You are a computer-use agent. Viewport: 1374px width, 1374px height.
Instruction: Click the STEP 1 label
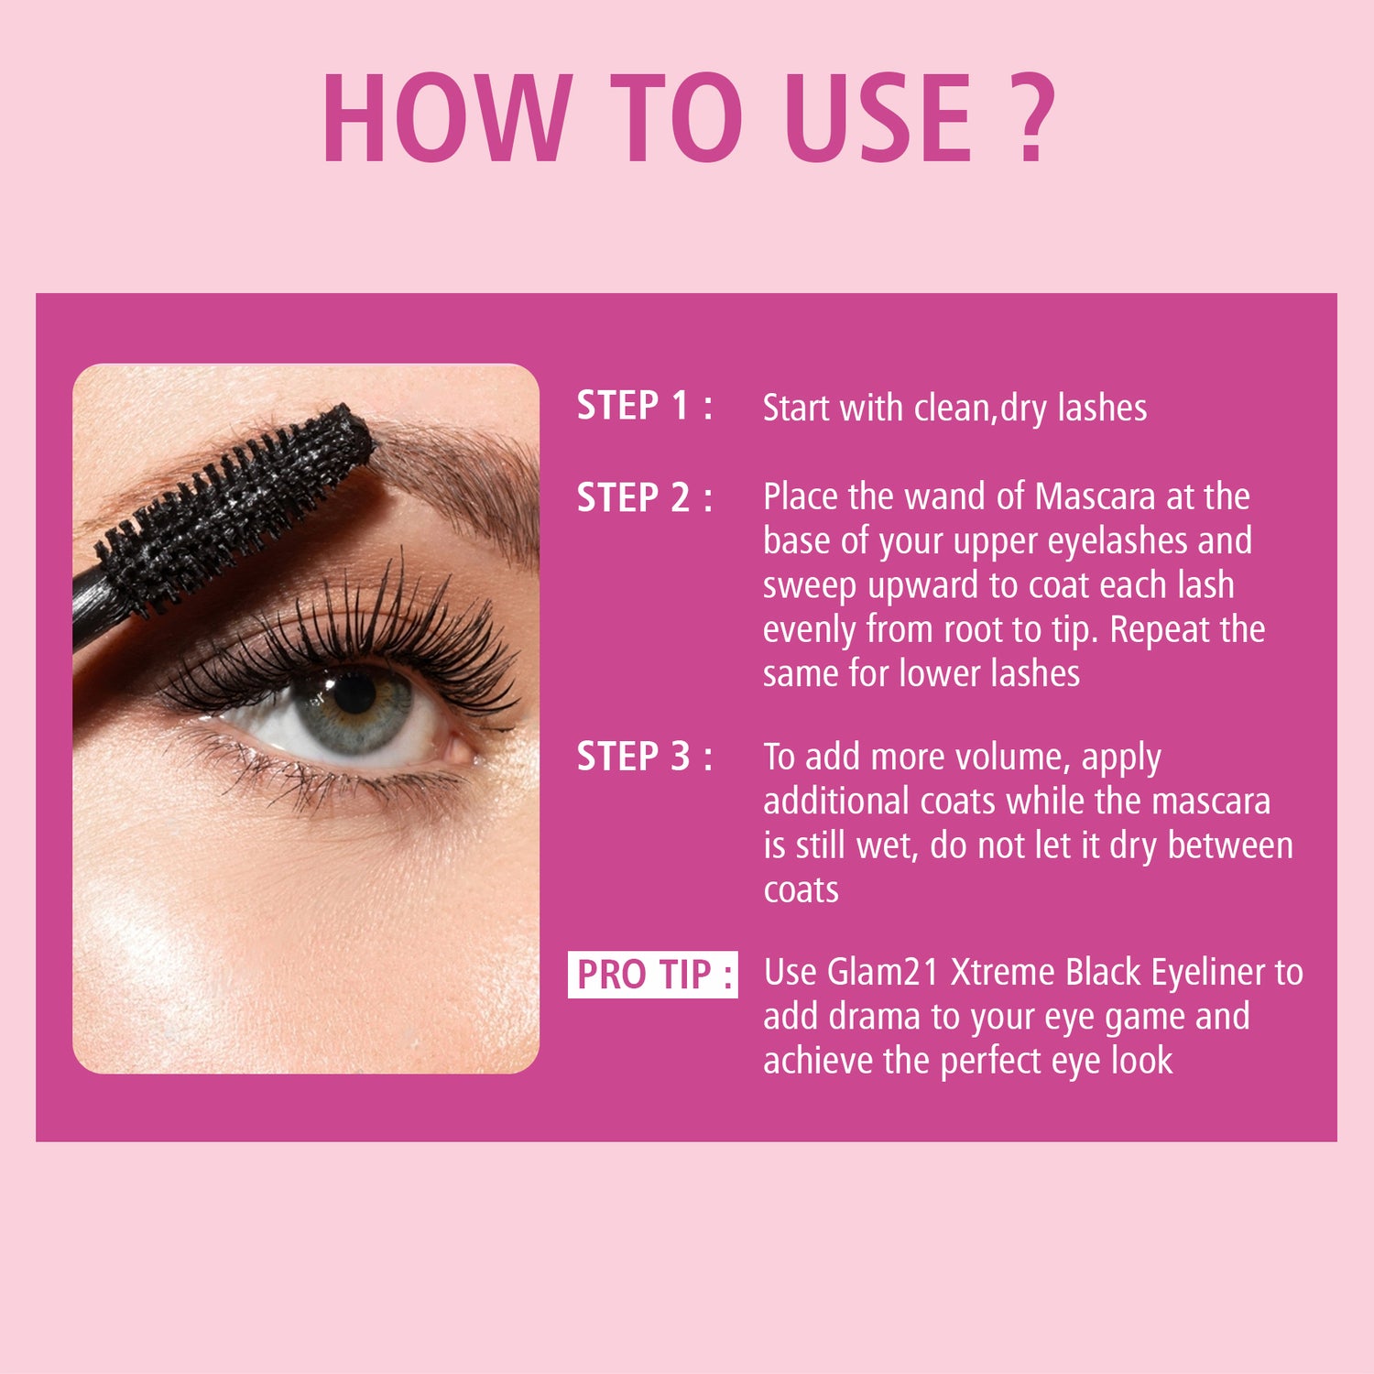(644, 406)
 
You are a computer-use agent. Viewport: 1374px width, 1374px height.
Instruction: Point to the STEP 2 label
(644, 497)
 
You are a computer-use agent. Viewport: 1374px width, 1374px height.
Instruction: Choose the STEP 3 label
(644, 757)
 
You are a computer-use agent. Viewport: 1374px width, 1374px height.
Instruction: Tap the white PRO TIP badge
(653, 974)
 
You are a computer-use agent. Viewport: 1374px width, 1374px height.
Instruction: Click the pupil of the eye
(354, 694)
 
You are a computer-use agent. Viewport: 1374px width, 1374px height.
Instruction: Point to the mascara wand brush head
(234, 504)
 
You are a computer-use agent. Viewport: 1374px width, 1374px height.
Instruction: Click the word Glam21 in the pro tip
(883, 972)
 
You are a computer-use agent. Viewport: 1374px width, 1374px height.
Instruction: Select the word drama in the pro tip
(875, 1017)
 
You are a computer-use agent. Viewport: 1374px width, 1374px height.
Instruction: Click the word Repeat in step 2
(1160, 630)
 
